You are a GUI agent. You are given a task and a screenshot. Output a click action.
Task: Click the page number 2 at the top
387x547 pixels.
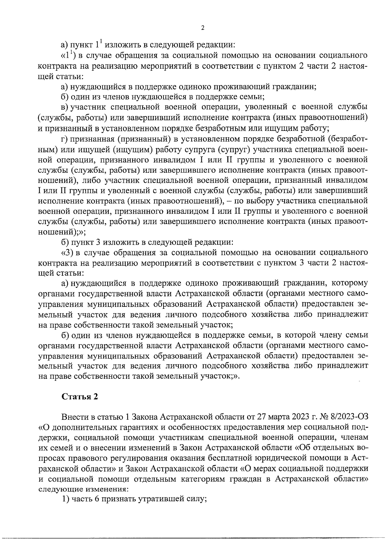(x=203, y=28)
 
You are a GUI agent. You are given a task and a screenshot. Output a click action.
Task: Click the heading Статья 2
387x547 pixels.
(x=80, y=396)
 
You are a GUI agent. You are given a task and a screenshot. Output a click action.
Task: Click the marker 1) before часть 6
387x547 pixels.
(x=65, y=499)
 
